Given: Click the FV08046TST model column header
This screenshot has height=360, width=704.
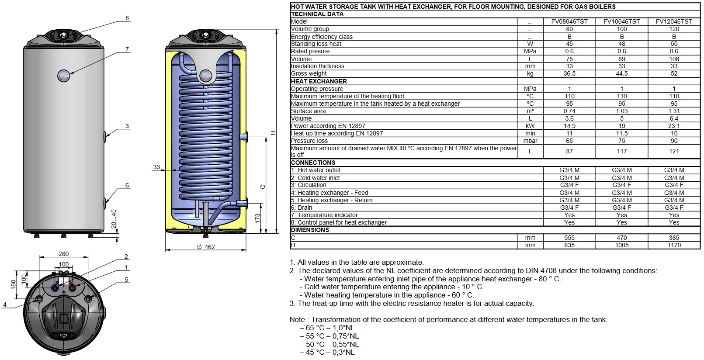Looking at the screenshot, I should [569, 21].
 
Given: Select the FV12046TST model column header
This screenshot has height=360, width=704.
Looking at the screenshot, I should [673, 21].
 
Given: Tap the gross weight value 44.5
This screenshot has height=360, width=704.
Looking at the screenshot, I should [621, 74].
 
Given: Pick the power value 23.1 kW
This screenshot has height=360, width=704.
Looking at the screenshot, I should [673, 126].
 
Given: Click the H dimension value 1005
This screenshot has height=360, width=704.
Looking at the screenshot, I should [621, 245].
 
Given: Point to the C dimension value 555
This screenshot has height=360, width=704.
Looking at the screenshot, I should [569, 238].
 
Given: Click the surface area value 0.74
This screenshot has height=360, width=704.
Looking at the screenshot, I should [569, 111].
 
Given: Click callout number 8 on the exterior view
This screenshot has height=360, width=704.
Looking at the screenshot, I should [127, 18].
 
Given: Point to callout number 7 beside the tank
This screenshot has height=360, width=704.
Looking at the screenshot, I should [127, 49].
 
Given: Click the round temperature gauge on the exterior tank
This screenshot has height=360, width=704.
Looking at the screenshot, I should [63, 76].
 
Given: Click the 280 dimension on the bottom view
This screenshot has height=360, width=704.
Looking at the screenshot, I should [63, 254].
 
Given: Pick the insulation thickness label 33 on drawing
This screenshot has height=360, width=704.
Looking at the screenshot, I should [156, 167].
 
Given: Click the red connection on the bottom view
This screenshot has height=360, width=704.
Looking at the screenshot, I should [73, 288].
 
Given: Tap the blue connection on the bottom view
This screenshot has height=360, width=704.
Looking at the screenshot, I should [55, 288].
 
